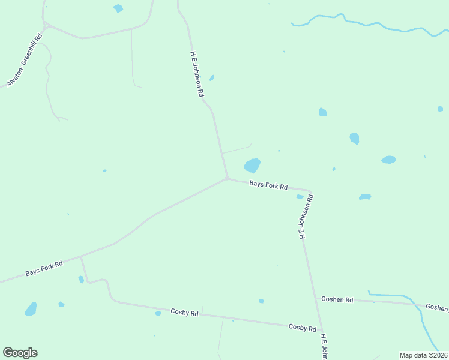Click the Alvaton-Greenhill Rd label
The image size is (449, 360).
(x=25, y=61)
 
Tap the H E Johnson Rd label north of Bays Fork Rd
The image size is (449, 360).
(x=197, y=74)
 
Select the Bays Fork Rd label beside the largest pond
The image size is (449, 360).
(x=268, y=186)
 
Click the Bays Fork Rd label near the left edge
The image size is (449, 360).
(x=44, y=268)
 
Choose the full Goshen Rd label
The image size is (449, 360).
(x=337, y=299)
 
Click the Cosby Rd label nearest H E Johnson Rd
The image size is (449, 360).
(x=302, y=328)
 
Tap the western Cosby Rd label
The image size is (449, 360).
(x=184, y=312)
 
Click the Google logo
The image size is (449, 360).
(x=20, y=353)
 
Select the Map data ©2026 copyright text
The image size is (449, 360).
(x=423, y=355)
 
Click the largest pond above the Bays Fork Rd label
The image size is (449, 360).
(x=252, y=165)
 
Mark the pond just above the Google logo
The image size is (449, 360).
(x=31, y=309)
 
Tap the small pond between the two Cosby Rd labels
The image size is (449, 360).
(x=261, y=301)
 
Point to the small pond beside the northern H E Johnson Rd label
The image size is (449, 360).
(x=212, y=77)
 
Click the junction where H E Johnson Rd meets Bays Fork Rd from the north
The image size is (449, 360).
(x=227, y=178)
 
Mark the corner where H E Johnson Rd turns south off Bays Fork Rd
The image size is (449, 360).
(x=310, y=193)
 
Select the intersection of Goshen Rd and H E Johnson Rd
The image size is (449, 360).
(x=316, y=298)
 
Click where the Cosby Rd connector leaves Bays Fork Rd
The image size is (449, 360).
(x=82, y=257)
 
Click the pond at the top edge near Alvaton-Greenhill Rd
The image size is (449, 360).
(x=118, y=8)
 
